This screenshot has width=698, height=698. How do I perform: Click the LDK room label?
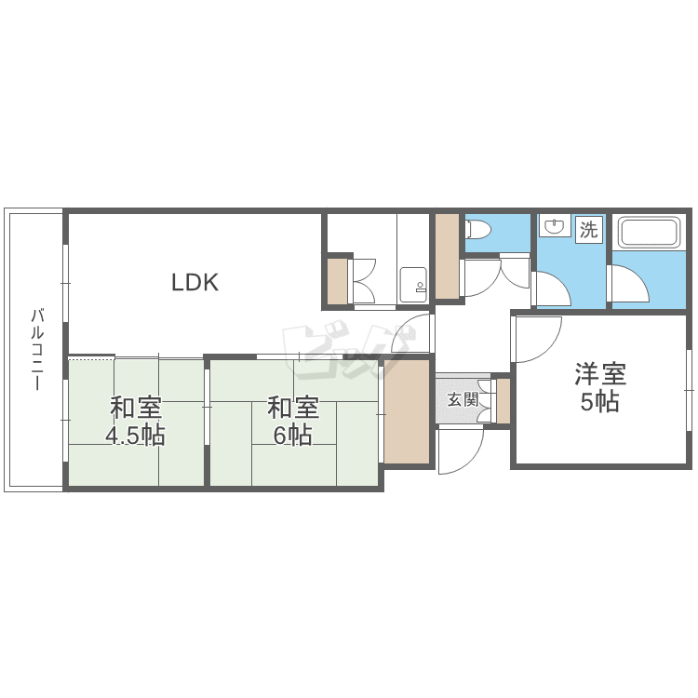(195, 282)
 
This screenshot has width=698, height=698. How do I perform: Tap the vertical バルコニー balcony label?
(37, 349)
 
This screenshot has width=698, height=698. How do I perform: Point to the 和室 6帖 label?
(292, 422)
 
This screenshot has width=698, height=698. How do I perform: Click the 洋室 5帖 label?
(600, 387)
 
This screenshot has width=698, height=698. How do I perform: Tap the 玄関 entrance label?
(463, 399)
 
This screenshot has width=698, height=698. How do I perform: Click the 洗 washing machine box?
(588, 229)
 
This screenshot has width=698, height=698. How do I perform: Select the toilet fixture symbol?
(477, 229)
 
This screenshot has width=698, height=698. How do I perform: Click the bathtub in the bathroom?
(649, 233)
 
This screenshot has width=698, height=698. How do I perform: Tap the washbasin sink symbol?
(555, 226)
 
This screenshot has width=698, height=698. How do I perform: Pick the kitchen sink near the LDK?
(413, 285)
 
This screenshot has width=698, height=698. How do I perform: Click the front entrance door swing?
(461, 450)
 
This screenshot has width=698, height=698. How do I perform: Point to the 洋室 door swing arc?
(537, 339)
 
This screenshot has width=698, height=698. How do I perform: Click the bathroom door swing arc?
(629, 285)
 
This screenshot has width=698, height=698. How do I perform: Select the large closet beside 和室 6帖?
(407, 411)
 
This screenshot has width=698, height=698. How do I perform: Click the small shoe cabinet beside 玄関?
(503, 400)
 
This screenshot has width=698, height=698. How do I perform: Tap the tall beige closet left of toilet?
(447, 257)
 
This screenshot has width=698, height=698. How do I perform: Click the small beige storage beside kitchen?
(338, 281)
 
